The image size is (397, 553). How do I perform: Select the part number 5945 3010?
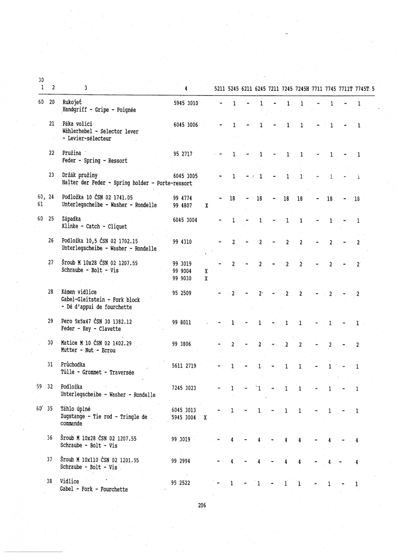coord(185,103)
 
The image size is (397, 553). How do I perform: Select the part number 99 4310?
coord(182,241)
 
